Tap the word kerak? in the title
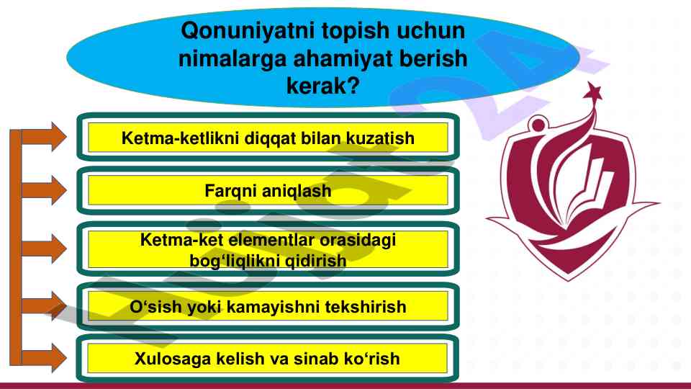(323, 86)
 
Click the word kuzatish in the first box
(380, 138)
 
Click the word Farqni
(230, 192)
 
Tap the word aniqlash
(297, 192)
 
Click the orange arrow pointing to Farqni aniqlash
(44, 190)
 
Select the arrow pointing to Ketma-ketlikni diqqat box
(44, 137)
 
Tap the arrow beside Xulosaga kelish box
(44, 358)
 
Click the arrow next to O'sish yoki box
(44, 305)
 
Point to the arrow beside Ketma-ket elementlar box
(44, 249)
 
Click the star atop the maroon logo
(592, 91)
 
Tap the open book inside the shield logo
(586, 189)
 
